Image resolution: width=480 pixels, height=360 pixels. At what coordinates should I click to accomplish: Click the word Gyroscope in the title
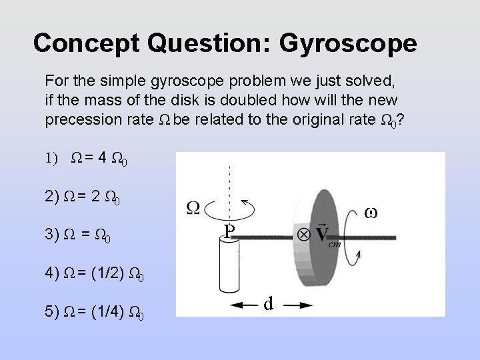(x=349, y=43)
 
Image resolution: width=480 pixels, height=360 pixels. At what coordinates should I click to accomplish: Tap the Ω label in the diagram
(x=193, y=208)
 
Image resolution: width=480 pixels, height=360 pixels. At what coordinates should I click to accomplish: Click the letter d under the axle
(x=267, y=304)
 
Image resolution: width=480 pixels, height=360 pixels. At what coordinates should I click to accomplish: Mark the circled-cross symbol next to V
(x=303, y=234)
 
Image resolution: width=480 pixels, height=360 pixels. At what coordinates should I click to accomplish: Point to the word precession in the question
(x=79, y=121)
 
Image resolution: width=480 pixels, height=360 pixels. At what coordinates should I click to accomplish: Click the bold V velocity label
(x=323, y=235)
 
